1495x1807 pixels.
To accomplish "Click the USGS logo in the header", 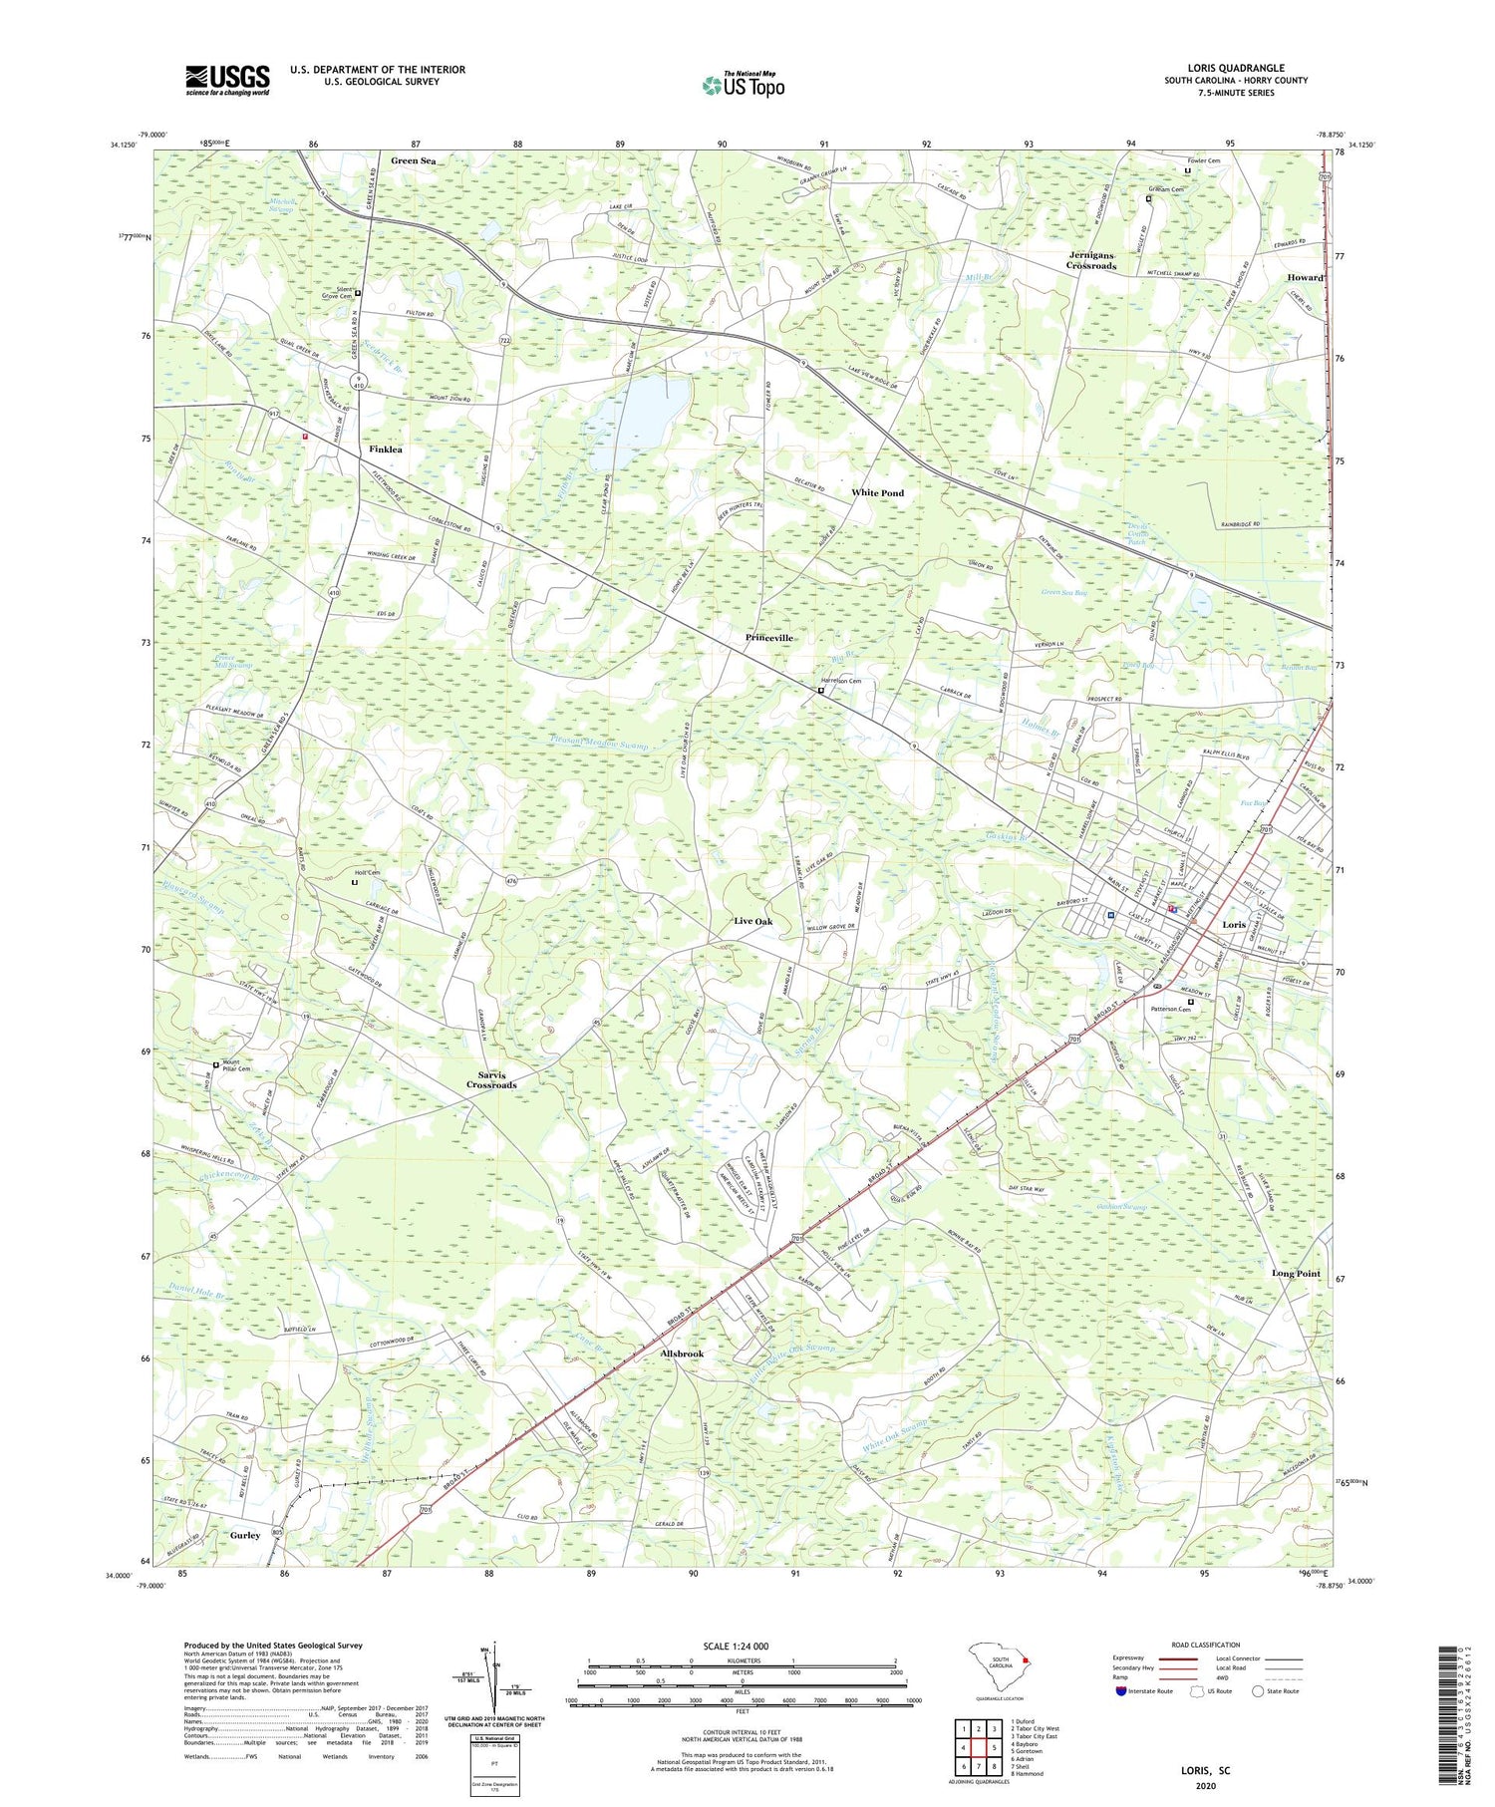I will point(227,80).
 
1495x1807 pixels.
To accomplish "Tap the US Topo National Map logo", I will point(743,85).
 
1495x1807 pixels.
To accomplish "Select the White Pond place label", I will point(877,492).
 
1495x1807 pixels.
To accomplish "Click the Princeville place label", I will point(768,637).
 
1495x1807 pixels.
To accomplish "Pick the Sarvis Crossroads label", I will point(491,1079).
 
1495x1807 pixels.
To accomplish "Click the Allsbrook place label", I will point(682,1354).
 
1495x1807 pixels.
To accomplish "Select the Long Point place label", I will point(1296,1273).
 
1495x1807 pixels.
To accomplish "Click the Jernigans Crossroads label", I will point(1091,260).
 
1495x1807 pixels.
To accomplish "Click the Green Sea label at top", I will point(414,160).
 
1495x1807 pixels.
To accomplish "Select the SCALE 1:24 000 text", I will point(743,1646).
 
